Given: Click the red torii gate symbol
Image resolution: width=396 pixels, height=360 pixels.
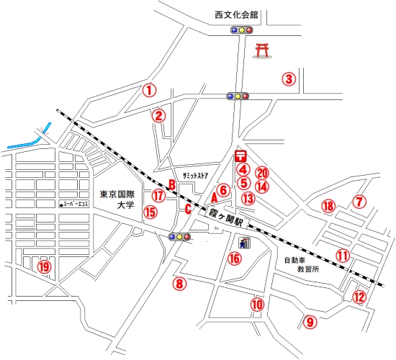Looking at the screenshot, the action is coord(262,51).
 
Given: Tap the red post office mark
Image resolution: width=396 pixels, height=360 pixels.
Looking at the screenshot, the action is coord(240,156).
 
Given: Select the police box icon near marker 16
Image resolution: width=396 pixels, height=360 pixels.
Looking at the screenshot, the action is coord(244,243).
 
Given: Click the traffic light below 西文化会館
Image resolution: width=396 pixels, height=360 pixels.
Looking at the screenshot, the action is coord(242,30).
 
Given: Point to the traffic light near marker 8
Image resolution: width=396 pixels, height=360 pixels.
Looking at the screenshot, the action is coord(179,237).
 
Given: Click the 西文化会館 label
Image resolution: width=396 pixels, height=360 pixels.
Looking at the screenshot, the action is coord(236,15).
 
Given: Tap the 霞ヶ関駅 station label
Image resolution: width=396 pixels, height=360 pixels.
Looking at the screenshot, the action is coord(225,217).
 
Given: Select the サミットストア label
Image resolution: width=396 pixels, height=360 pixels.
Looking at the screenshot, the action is coord(195,176).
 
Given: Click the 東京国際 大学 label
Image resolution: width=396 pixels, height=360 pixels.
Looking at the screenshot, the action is coord(117,199).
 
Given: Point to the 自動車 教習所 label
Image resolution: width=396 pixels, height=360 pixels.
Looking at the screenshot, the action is coord(302,264).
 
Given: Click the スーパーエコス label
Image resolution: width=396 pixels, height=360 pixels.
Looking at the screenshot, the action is coord(74,204).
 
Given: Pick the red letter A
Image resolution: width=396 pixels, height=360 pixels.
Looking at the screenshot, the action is coord(214,198).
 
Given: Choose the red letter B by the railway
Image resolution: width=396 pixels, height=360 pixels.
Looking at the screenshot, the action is coord(172,184).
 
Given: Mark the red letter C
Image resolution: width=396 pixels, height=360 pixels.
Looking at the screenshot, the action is coord(188,209).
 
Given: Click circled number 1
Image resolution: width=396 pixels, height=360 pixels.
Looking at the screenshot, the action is coord(149,90).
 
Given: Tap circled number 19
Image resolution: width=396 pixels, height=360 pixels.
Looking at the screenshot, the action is coord(45,267).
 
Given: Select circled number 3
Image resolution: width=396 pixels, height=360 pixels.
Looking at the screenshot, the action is coord(289,79).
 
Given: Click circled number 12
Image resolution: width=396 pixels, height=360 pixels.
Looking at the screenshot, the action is coord(359,297).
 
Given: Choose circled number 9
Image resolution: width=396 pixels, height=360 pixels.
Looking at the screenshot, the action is coord(310,322).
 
